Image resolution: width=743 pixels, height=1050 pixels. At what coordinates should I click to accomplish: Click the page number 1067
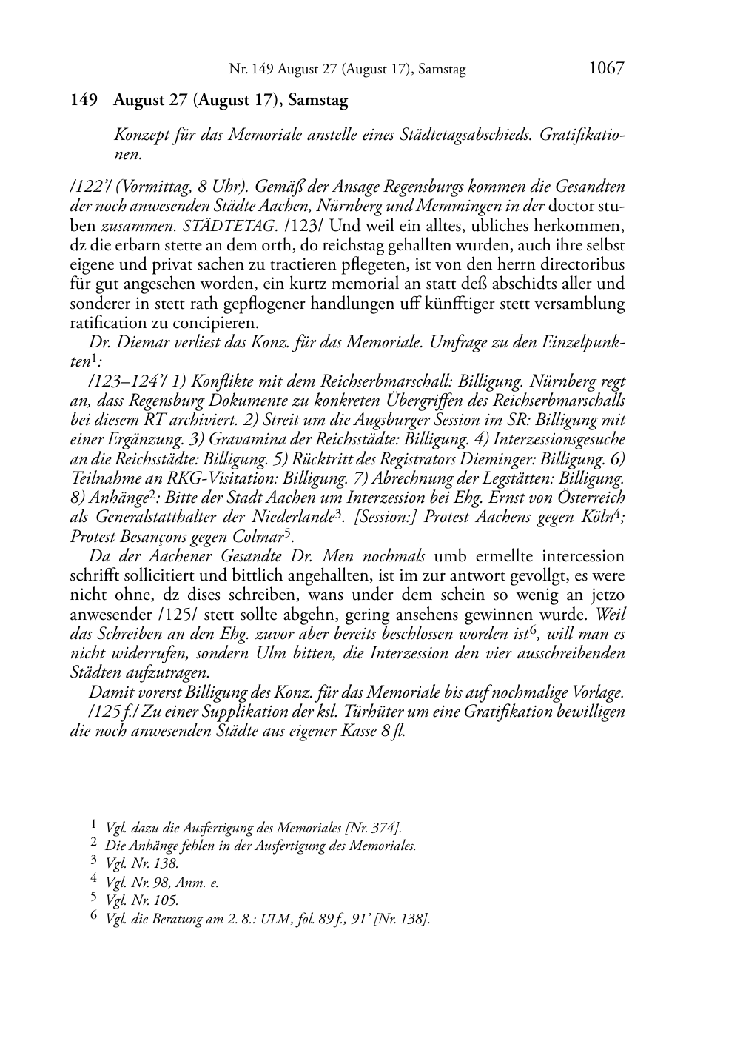606,69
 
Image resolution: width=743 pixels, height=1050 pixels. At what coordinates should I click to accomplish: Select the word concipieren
222,323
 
